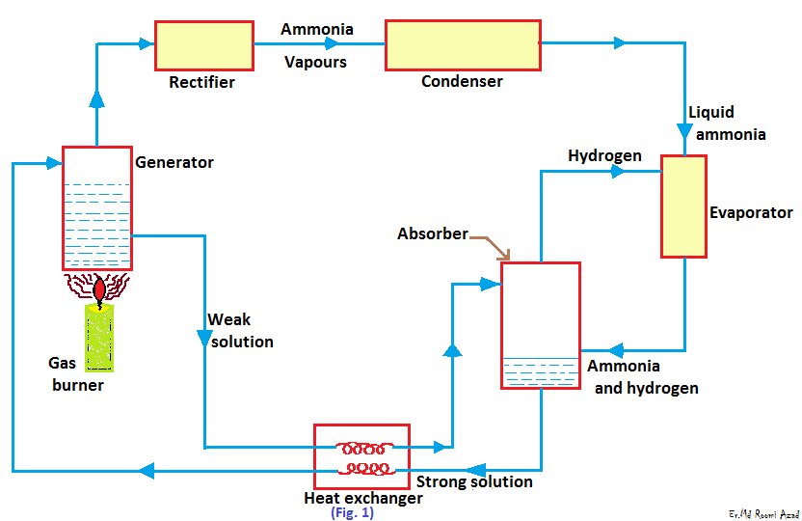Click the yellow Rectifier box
[203, 44]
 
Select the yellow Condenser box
[462, 45]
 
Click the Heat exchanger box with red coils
[361, 456]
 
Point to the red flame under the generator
[100, 288]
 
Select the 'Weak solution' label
[241, 330]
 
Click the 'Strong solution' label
[473, 481]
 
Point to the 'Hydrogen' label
[604, 155]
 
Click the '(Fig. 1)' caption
[352, 513]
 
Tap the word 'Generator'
[174, 162]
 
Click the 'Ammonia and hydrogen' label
[642, 377]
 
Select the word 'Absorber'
[433, 233]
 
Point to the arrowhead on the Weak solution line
[204, 338]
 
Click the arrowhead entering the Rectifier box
[146, 41]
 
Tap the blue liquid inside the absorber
[540, 373]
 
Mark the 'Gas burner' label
[75, 374]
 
